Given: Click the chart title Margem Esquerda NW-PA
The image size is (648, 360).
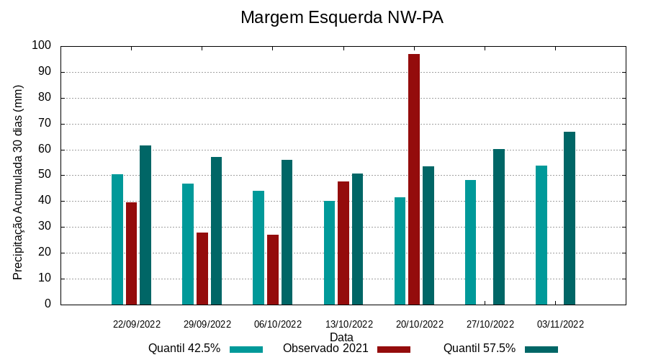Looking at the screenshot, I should pos(341,18).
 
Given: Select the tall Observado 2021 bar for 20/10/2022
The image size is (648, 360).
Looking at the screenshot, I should pos(414,179).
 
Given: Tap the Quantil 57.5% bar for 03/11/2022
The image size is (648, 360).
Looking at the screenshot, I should pos(570,218).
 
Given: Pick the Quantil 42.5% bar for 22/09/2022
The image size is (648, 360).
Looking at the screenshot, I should pos(117,239).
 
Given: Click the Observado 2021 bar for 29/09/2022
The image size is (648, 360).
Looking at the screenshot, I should pos(202,269).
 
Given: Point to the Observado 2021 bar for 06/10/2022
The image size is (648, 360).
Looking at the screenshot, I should pos(273,270).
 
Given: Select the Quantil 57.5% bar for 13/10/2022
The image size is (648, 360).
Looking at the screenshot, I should pos(358,239).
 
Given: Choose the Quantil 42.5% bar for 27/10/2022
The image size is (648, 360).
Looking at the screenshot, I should pos(471,242).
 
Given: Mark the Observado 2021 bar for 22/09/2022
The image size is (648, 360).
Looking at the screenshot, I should pos(131,253).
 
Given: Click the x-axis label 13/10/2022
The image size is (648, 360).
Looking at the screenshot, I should pos(349,324).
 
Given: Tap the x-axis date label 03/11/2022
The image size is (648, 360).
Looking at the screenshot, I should pos(561,324).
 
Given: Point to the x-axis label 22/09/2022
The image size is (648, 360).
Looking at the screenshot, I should pos(137,324).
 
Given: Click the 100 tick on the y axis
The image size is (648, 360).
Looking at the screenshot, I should pos(42,46).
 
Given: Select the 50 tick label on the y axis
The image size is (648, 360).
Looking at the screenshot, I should pos(45,175).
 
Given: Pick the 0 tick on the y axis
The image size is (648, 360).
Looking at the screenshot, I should pos(48,304).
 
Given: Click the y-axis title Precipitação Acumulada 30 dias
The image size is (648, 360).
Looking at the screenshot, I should pos(18,182).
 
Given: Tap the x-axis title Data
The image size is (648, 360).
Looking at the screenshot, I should pos(341,337).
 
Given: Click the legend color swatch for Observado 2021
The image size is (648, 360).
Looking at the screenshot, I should pos(393,349).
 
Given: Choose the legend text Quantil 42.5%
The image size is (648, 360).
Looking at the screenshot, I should pos(184,348).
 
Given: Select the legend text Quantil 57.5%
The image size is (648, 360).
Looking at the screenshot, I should pos(480,348).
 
